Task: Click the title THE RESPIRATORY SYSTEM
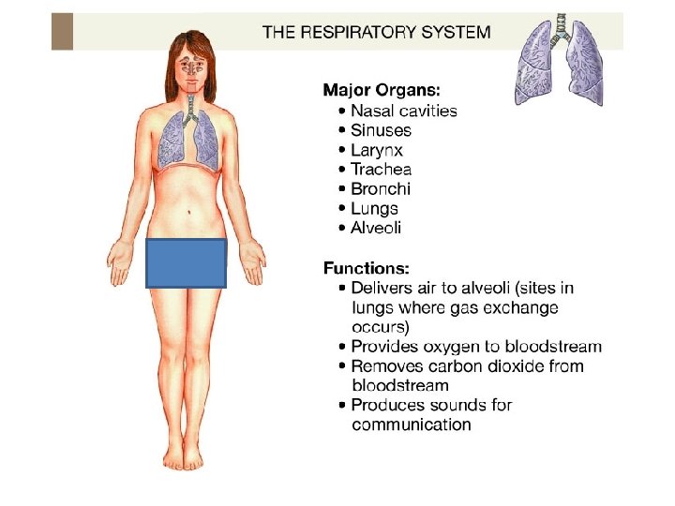pos(376,32)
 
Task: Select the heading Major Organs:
pos(381,90)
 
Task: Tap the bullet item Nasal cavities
pos(403,111)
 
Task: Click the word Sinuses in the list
pos(381,130)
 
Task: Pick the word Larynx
pos(377,150)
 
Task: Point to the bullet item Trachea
pos(381,170)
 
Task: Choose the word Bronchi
pos(381,189)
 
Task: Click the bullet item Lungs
pos(374,209)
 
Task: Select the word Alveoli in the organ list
pos(375,229)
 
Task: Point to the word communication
pos(411,424)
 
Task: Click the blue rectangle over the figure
pos(187,262)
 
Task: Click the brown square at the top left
pos(62,32)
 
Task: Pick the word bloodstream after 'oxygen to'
pos(555,347)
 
